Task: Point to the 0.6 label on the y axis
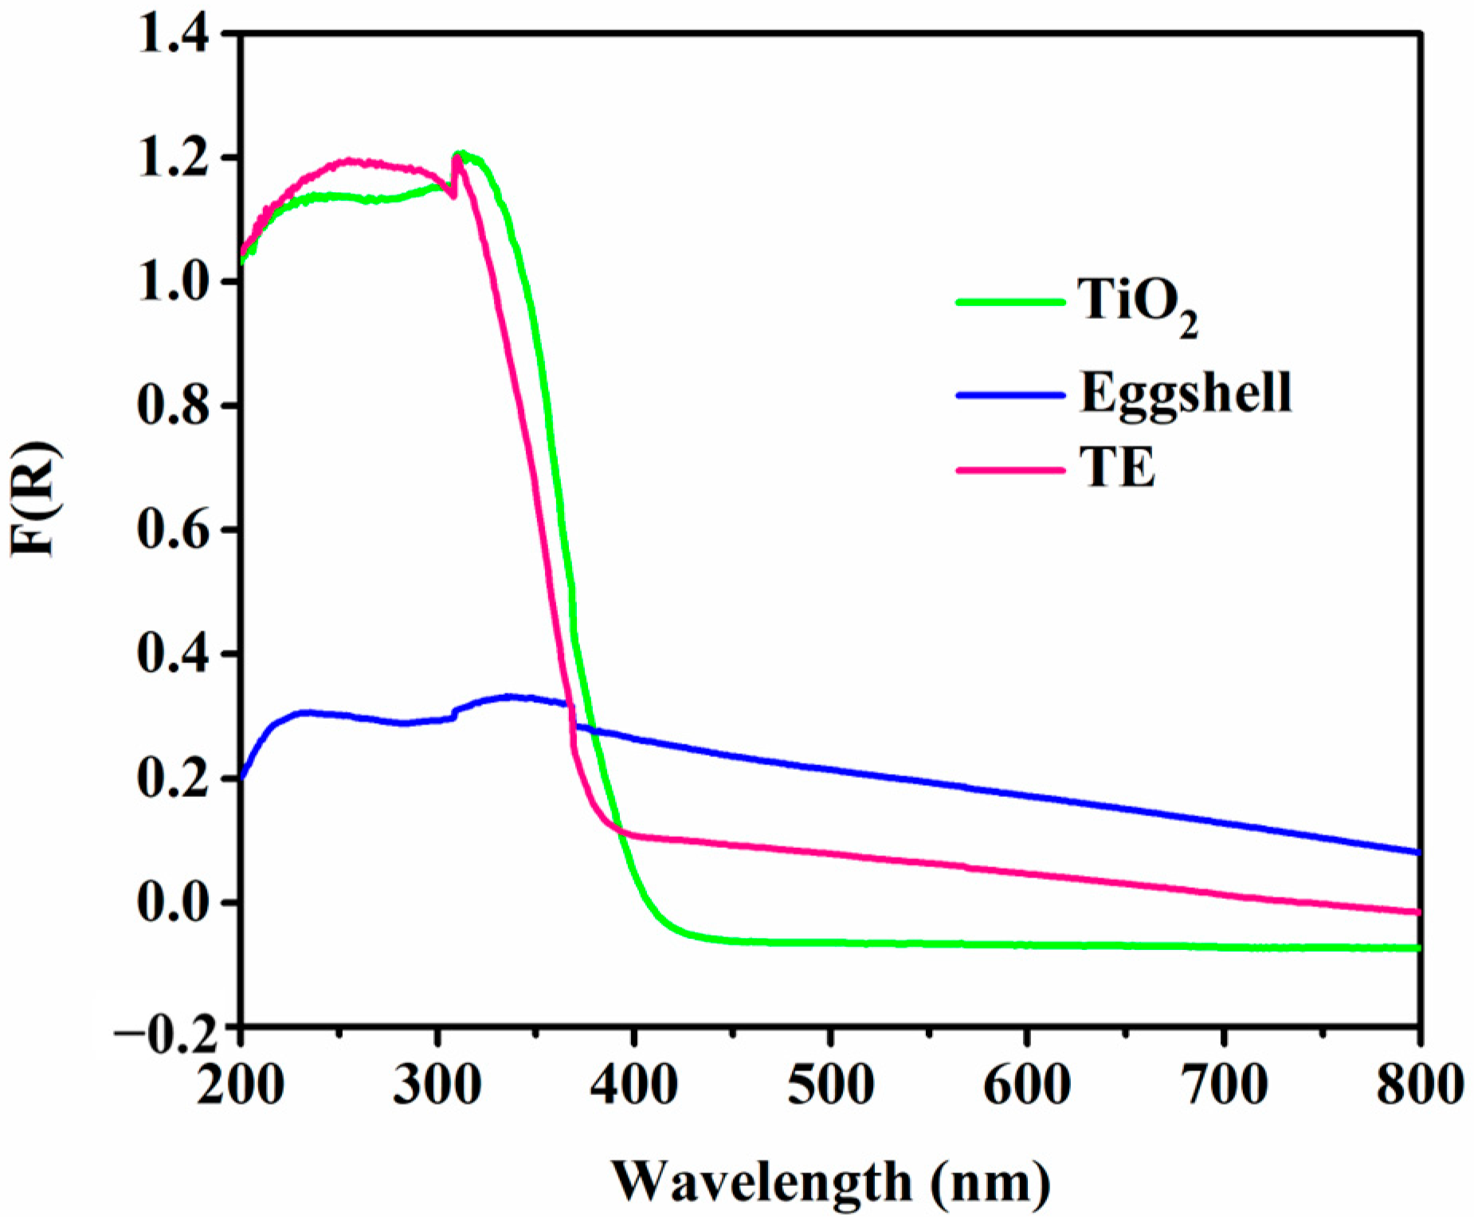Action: (174, 530)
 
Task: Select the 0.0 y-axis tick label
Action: (174, 903)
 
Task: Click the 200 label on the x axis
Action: (240, 1085)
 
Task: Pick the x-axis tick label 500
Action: (830, 1085)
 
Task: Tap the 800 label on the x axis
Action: (1419, 1085)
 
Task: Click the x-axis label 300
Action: (437, 1085)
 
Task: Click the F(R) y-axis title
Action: (35, 498)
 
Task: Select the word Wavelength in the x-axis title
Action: (761, 1182)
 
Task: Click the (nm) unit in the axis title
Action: (991, 1182)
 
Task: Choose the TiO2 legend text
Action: (1138, 303)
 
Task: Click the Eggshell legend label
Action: (1185, 392)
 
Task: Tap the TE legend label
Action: (1117, 468)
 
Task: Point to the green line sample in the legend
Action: (1010, 303)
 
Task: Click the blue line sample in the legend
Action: (1010, 394)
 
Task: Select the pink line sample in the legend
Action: (1010, 469)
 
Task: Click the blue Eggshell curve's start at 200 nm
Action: (241, 777)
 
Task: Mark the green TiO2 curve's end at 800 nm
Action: (1418, 948)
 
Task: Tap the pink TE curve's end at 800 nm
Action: (1418, 912)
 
